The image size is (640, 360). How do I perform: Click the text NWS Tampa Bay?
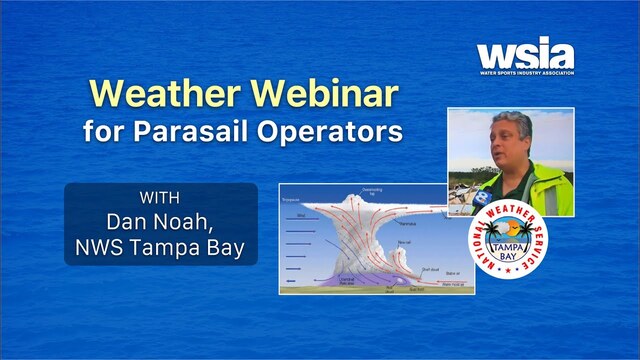(161, 243)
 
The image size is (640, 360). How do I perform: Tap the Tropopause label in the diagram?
(293, 199)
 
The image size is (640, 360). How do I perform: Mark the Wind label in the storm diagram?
(300, 214)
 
